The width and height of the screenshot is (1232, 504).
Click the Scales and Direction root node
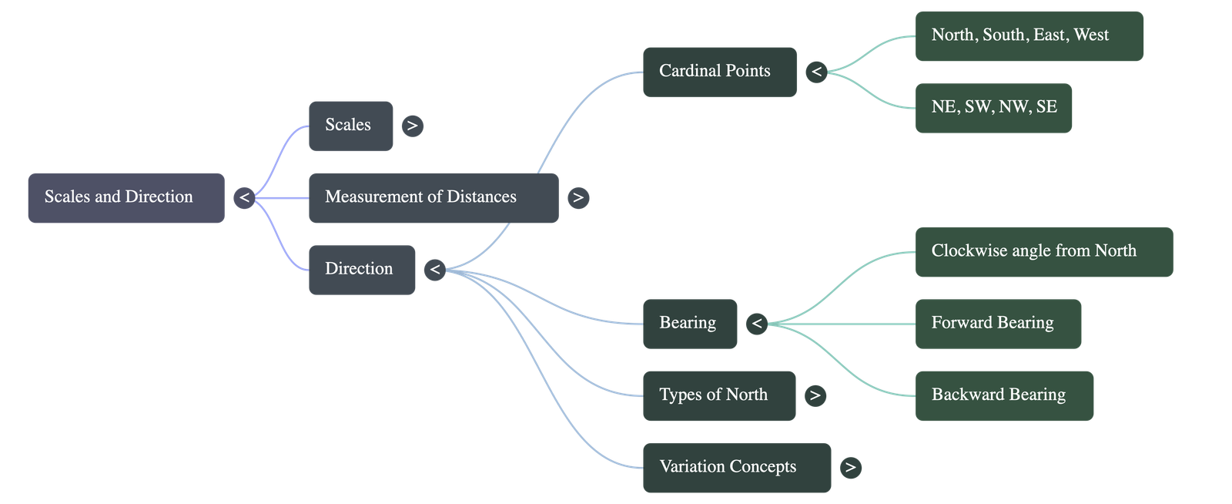pyautogui.click(x=126, y=198)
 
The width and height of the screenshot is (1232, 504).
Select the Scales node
pyautogui.click(x=351, y=126)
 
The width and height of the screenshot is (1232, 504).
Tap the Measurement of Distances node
pyautogui.click(x=434, y=198)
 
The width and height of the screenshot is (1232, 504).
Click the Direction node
pyautogui.click(x=362, y=270)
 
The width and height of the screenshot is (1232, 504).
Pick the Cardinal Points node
pyautogui.click(x=720, y=72)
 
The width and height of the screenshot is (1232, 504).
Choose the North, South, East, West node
pyautogui.click(x=1029, y=36)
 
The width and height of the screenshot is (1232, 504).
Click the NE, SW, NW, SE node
pyautogui.click(x=994, y=109)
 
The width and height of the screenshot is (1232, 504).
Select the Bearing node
pyautogui.click(x=690, y=324)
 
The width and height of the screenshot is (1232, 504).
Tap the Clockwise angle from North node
pyautogui.click(x=1044, y=252)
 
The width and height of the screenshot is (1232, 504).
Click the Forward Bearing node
pyautogui.click(x=998, y=324)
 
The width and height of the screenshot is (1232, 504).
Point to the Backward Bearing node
pyautogui.click(x=1004, y=396)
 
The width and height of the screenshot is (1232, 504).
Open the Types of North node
pyautogui.click(x=719, y=396)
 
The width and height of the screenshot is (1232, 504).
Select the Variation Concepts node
pyautogui.click(x=737, y=469)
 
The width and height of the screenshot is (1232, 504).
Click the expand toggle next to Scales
pyautogui.click(x=413, y=126)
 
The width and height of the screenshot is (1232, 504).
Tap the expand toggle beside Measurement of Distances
pyautogui.click(x=578, y=198)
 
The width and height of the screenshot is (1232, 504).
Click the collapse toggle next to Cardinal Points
pyautogui.click(x=817, y=72)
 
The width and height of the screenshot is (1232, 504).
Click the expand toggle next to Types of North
pyautogui.click(x=815, y=396)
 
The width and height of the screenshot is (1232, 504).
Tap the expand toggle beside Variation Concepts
pyautogui.click(x=851, y=469)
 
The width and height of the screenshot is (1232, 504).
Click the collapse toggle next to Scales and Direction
pyautogui.click(x=244, y=198)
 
